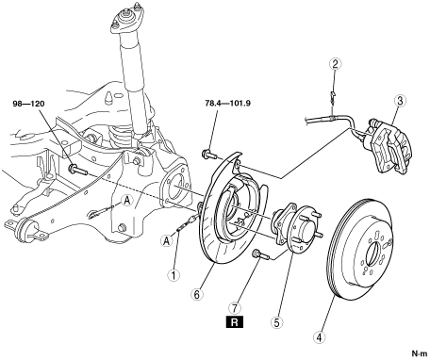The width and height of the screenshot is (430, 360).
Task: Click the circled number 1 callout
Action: point(174,275)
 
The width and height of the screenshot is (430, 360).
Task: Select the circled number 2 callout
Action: point(335,64)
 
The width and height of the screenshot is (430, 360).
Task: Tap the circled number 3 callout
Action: point(400,101)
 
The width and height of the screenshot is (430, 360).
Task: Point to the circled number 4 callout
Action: point(319,337)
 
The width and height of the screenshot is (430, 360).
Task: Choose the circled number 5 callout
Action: point(276,322)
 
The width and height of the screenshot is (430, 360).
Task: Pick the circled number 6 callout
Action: point(197,294)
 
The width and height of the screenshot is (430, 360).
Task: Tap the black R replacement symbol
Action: point(235,322)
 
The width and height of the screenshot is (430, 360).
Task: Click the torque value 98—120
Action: point(29,104)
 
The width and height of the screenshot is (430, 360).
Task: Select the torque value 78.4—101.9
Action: point(227,103)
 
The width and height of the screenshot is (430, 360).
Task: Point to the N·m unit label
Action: point(420,353)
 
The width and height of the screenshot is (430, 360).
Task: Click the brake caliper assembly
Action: point(389,146)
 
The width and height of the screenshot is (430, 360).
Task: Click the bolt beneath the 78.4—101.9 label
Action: point(209,155)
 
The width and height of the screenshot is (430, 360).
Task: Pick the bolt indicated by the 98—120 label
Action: point(78,170)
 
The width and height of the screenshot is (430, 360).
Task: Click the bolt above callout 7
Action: point(261,254)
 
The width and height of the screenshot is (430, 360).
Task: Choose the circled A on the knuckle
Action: point(126,201)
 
